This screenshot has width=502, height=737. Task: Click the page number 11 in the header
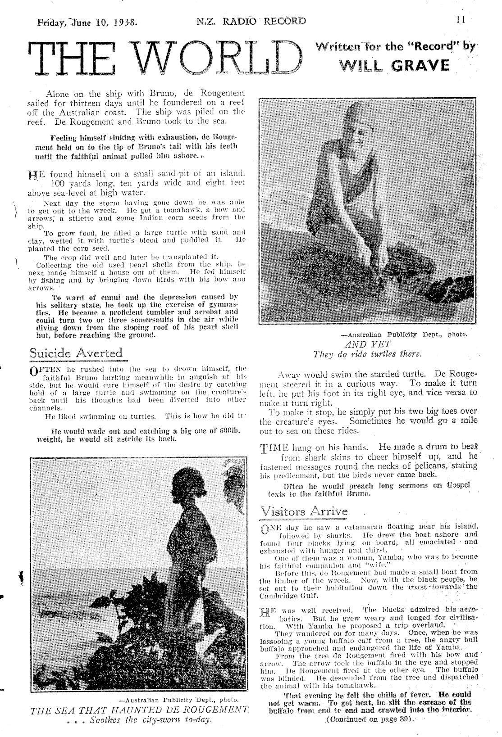[x=460, y=20]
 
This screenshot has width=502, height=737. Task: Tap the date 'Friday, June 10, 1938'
[x=87, y=21]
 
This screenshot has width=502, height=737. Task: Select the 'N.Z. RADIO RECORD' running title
[x=251, y=21]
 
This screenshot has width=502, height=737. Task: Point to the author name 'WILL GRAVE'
[x=395, y=66]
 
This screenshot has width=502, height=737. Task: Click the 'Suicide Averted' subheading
[x=76, y=353]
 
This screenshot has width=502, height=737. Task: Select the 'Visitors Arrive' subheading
[x=304, y=511]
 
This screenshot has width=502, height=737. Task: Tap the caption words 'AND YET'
[x=367, y=345]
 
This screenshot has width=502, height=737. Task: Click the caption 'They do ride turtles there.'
[x=367, y=354]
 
